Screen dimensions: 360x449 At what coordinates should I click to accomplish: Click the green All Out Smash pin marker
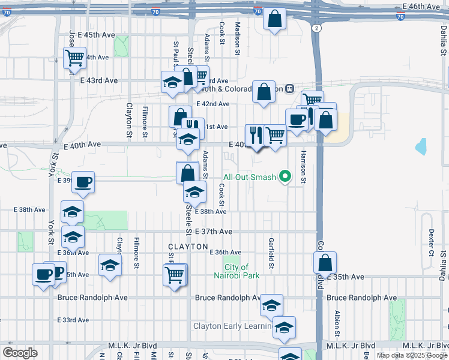tap(286, 177)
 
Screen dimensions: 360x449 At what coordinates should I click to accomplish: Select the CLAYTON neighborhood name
tap(188, 247)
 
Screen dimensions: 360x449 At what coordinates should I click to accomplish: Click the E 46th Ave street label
tap(422, 6)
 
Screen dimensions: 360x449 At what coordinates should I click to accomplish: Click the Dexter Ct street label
tap(431, 242)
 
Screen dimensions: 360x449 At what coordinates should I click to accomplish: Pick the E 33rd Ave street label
tap(74, 320)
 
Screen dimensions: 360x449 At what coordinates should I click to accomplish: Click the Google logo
tap(20, 353)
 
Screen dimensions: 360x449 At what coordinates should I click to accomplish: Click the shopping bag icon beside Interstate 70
tap(274, 19)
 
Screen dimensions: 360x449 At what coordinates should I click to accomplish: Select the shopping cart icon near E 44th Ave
tap(74, 58)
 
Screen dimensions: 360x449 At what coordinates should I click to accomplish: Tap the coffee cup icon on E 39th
tap(83, 181)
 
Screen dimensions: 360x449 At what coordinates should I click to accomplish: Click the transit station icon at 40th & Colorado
tap(289, 88)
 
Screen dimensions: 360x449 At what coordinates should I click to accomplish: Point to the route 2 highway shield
tap(316, 28)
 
